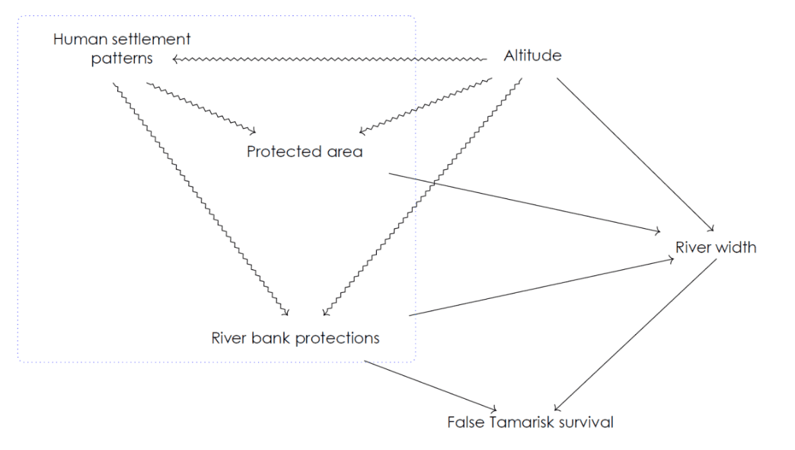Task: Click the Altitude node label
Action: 532,56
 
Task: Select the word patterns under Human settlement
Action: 122,58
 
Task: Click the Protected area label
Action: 305,152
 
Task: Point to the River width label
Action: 715,247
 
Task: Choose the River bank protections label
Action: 295,337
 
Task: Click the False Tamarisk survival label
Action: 530,422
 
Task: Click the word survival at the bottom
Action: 585,422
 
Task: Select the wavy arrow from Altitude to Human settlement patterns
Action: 327,59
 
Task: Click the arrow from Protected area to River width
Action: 525,202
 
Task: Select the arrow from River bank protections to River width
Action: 541,287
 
